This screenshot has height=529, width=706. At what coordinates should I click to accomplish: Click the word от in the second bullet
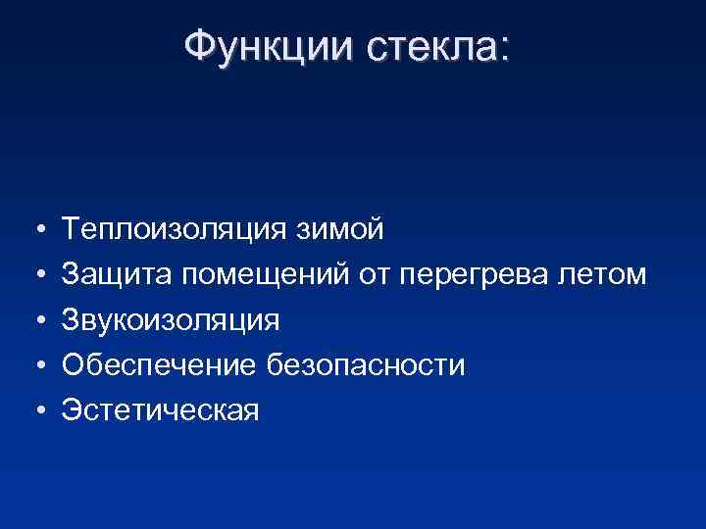tap(375, 275)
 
